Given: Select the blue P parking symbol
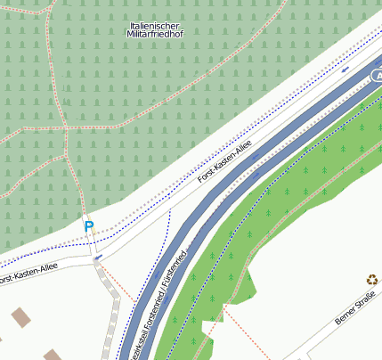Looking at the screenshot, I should [x=88, y=226].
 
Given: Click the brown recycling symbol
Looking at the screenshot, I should [x=371, y=279].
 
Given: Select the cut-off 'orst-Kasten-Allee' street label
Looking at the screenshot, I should [x=30, y=274].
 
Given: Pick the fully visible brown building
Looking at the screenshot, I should [x=20, y=316].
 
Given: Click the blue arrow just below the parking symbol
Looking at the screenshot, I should [x=97, y=257].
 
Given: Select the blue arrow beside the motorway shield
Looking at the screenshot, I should [x=345, y=69].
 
